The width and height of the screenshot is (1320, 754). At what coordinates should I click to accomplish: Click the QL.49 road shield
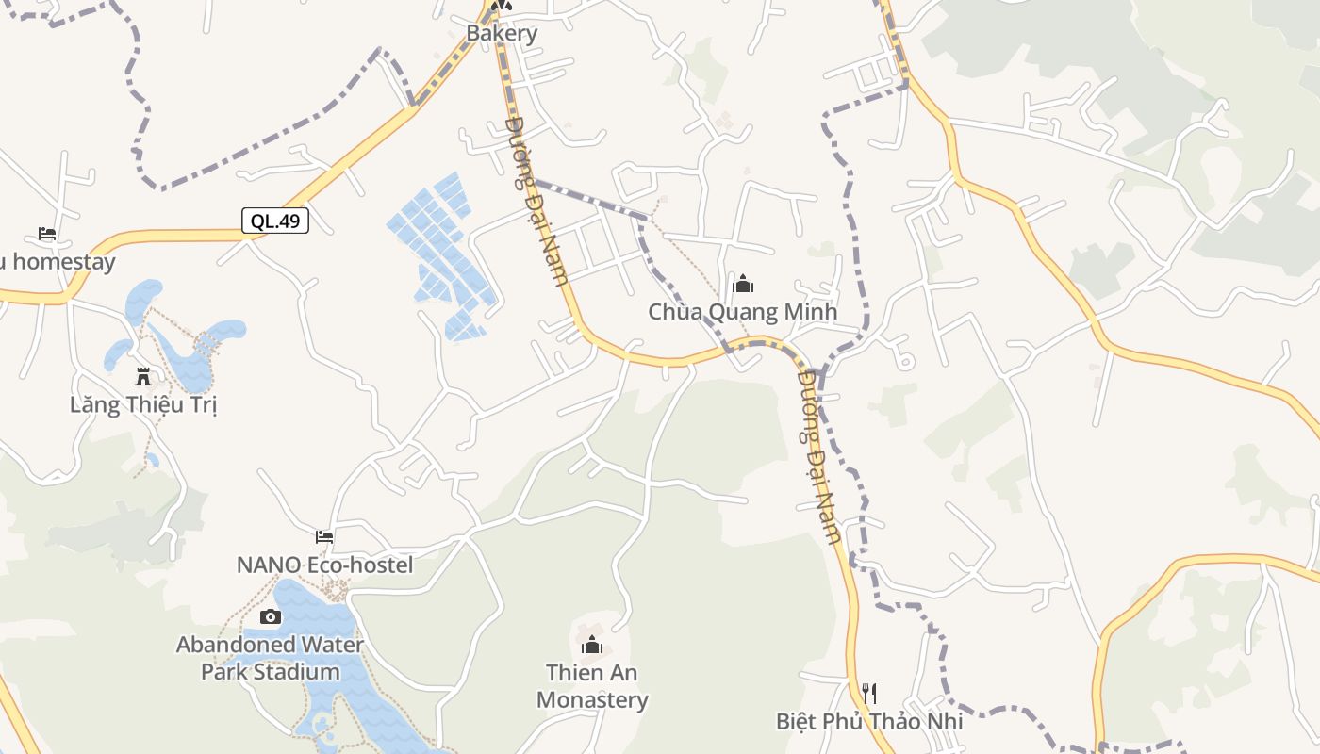(x=275, y=221)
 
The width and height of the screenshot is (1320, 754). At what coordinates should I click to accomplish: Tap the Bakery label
(x=502, y=33)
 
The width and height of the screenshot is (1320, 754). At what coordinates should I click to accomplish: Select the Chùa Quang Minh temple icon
(x=743, y=283)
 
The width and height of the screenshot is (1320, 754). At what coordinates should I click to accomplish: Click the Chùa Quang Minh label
(x=743, y=312)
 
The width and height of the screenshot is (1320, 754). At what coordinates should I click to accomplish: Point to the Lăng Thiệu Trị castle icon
(x=143, y=377)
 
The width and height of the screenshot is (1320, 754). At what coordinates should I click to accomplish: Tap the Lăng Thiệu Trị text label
(x=143, y=405)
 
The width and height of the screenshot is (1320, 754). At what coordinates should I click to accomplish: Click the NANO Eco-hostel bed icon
(x=324, y=537)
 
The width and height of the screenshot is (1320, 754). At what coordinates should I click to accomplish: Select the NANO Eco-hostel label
(x=324, y=565)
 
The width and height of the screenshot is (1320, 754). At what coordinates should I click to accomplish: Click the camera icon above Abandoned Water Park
(x=270, y=616)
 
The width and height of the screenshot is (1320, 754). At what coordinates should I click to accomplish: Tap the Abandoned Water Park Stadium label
(x=270, y=658)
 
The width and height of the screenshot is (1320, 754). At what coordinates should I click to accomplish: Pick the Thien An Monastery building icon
(x=592, y=645)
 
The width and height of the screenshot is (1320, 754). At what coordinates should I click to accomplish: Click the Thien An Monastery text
(x=592, y=686)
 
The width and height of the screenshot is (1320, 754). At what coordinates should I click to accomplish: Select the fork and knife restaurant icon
(x=869, y=694)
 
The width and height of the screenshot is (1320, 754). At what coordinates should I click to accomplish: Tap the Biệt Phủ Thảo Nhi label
(x=869, y=722)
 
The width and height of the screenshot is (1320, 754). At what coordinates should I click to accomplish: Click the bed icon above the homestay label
(x=47, y=233)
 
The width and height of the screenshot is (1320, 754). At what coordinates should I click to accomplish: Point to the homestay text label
(x=58, y=262)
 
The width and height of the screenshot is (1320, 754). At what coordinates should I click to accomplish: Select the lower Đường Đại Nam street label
(x=818, y=456)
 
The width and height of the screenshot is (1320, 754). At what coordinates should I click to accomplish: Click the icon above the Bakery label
(x=502, y=6)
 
